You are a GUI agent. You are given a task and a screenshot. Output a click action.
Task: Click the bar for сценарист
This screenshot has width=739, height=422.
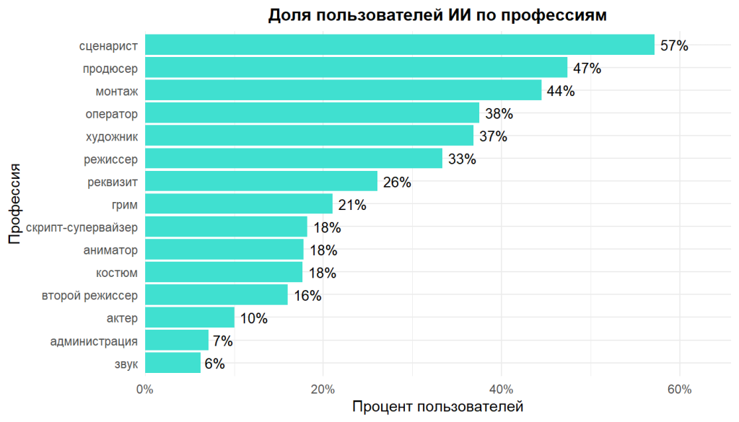click(399, 45)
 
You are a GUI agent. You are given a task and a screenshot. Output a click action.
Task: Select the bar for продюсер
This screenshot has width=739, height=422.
click(356, 68)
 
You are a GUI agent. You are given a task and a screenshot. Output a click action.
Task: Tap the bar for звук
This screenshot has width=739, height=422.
click(172, 363)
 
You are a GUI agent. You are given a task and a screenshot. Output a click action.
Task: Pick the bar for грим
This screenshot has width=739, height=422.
click(239, 204)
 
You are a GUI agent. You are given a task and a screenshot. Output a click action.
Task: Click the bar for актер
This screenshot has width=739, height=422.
click(190, 317)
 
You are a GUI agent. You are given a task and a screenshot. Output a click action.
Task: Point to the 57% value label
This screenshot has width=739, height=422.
click(674, 46)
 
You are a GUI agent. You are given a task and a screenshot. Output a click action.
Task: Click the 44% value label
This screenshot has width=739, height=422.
click(561, 92)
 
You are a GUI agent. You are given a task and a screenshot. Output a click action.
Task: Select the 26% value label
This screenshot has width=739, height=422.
click(397, 183)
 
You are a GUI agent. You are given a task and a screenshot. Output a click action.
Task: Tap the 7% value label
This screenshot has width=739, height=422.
click(223, 341)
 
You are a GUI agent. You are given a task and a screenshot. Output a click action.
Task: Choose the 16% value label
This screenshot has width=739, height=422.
click(307, 296)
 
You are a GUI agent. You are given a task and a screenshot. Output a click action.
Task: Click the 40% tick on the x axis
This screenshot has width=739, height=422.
click(501, 390)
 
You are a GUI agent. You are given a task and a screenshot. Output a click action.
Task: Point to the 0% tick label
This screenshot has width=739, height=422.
click(145, 390)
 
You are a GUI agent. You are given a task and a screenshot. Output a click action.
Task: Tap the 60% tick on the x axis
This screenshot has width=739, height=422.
click(679, 390)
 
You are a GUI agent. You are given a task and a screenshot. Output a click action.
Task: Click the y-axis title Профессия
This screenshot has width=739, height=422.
click(14, 204)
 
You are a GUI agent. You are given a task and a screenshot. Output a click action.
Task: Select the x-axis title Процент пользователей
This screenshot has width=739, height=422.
click(437, 407)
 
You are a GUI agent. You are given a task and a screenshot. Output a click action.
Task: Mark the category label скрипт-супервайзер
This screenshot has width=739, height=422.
click(82, 227)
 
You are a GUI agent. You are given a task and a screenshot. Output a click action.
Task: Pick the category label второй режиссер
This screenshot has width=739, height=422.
click(89, 295)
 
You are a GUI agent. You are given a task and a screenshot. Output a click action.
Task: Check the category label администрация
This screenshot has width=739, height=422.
click(94, 340)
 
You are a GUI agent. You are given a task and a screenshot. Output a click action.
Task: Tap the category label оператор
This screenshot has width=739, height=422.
click(111, 113)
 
